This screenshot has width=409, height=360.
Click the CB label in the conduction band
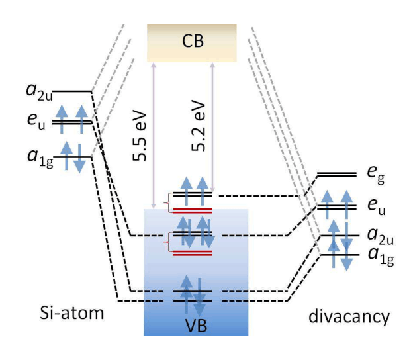[x=191, y=43]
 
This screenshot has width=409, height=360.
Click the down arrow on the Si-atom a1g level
[x=79, y=159]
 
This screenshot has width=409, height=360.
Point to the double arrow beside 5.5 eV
[x=154, y=136]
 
